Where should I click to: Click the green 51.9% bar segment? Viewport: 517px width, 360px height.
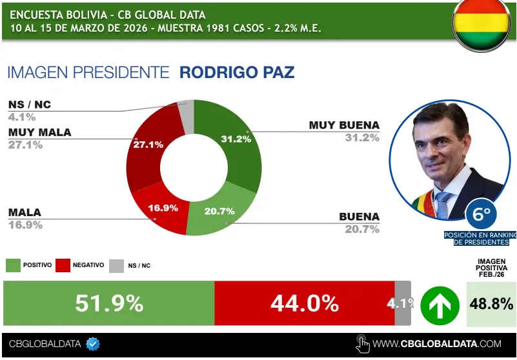(x=109, y=303)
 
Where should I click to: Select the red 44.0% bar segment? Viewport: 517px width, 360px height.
(x=304, y=303)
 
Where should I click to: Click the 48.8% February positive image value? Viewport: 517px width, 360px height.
(x=491, y=303)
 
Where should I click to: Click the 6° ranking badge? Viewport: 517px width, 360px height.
(x=482, y=212)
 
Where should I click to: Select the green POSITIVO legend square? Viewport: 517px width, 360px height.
(x=13, y=265)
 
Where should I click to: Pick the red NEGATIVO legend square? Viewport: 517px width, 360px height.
(x=63, y=265)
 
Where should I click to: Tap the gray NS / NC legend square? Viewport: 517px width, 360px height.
(x=116, y=265)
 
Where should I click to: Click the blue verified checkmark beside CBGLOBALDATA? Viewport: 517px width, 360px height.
(x=93, y=344)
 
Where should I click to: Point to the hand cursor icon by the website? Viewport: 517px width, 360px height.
(x=362, y=343)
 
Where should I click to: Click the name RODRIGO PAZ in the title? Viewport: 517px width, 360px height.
(x=236, y=72)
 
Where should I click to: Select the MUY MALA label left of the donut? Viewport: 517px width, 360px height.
(x=39, y=132)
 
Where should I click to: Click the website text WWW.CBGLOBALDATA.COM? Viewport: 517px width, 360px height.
(x=437, y=344)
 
